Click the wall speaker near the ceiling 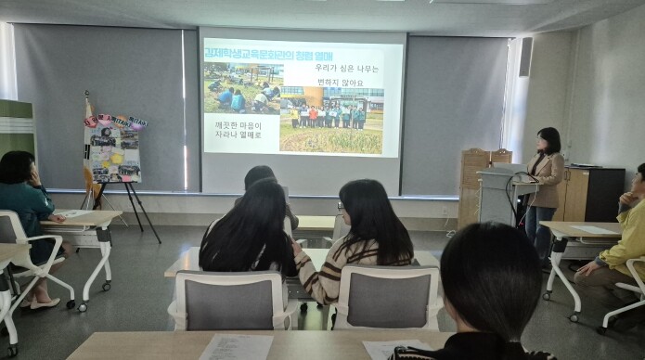point(525,57)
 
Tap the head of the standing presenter point(548,140)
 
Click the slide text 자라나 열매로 point(239,135)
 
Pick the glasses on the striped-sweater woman point(341,205)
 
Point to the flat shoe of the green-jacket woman point(42,302)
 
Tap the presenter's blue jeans point(542,227)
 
